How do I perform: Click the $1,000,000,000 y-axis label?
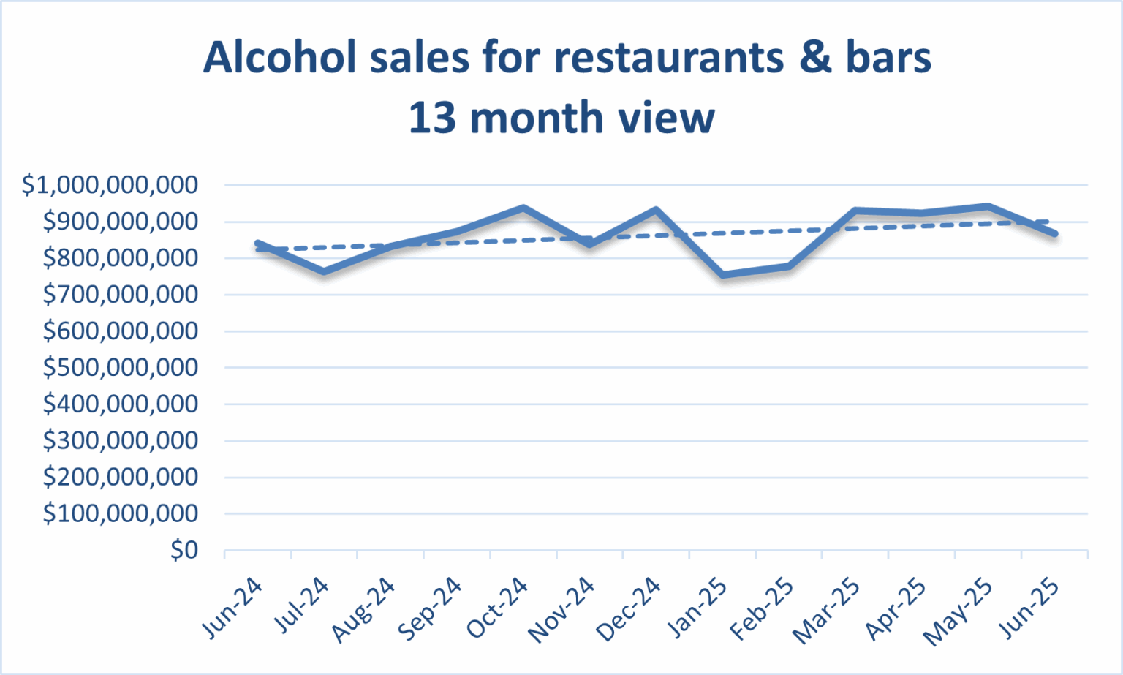click(x=110, y=185)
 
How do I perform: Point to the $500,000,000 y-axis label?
click(x=121, y=367)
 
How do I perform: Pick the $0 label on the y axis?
click(x=184, y=550)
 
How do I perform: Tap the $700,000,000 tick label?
click(x=121, y=295)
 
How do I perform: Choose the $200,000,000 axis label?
click(x=121, y=477)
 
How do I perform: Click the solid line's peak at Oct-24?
click(x=523, y=208)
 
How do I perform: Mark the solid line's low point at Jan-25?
click(x=722, y=275)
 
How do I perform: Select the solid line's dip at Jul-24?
click(x=324, y=272)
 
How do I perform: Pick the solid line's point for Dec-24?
click(x=656, y=211)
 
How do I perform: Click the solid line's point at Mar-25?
click(x=855, y=211)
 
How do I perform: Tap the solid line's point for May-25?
click(x=988, y=207)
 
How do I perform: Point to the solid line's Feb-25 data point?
click(x=789, y=266)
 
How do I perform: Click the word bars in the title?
click(x=888, y=57)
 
